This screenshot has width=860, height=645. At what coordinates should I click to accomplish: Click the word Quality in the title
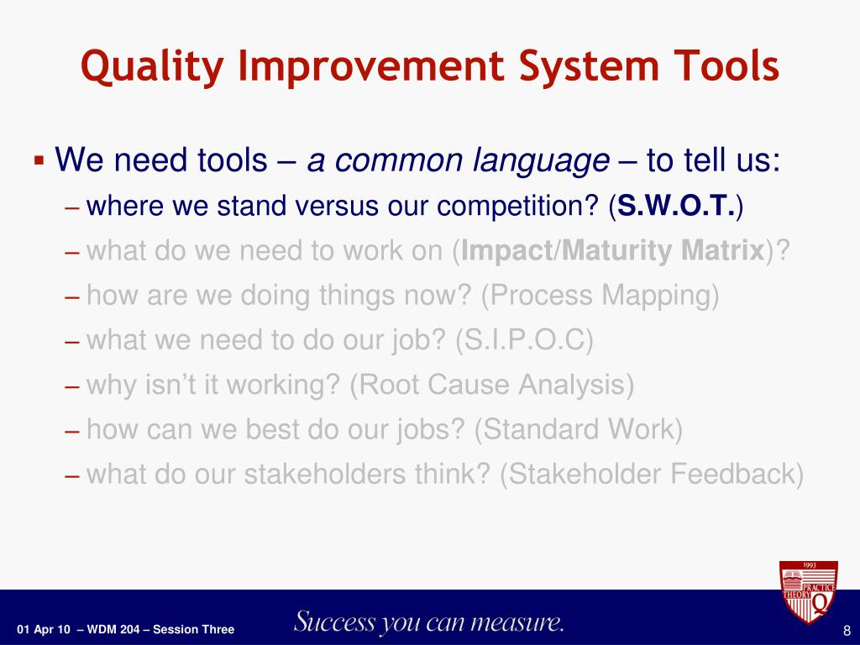click(x=152, y=67)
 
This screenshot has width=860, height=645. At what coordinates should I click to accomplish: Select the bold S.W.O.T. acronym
click(x=676, y=206)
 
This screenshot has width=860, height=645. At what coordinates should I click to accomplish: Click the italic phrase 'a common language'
click(x=458, y=160)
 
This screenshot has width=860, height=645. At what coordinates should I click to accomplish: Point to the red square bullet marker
click(x=39, y=160)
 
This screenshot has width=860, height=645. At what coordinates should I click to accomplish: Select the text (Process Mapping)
click(x=600, y=296)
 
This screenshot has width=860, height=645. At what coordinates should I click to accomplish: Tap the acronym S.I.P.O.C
click(x=525, y=340)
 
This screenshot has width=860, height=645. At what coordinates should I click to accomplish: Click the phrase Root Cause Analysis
click(x=492, y=385)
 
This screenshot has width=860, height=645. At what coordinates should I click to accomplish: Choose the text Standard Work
click(x=578, y=429)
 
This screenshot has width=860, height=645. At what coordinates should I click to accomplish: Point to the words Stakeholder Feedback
click(x=652, y=474)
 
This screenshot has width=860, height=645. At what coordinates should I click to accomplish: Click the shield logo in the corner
click(x=809, y=591)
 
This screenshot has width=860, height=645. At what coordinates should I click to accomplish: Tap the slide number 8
click(x=847, y=630)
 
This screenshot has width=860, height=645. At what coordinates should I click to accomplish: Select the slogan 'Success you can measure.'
click(x=429, y=622)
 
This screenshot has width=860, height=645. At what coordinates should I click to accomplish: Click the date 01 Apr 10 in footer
click(x=44, y=630)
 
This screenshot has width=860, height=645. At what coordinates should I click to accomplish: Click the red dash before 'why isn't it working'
click(x=72, y=386)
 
